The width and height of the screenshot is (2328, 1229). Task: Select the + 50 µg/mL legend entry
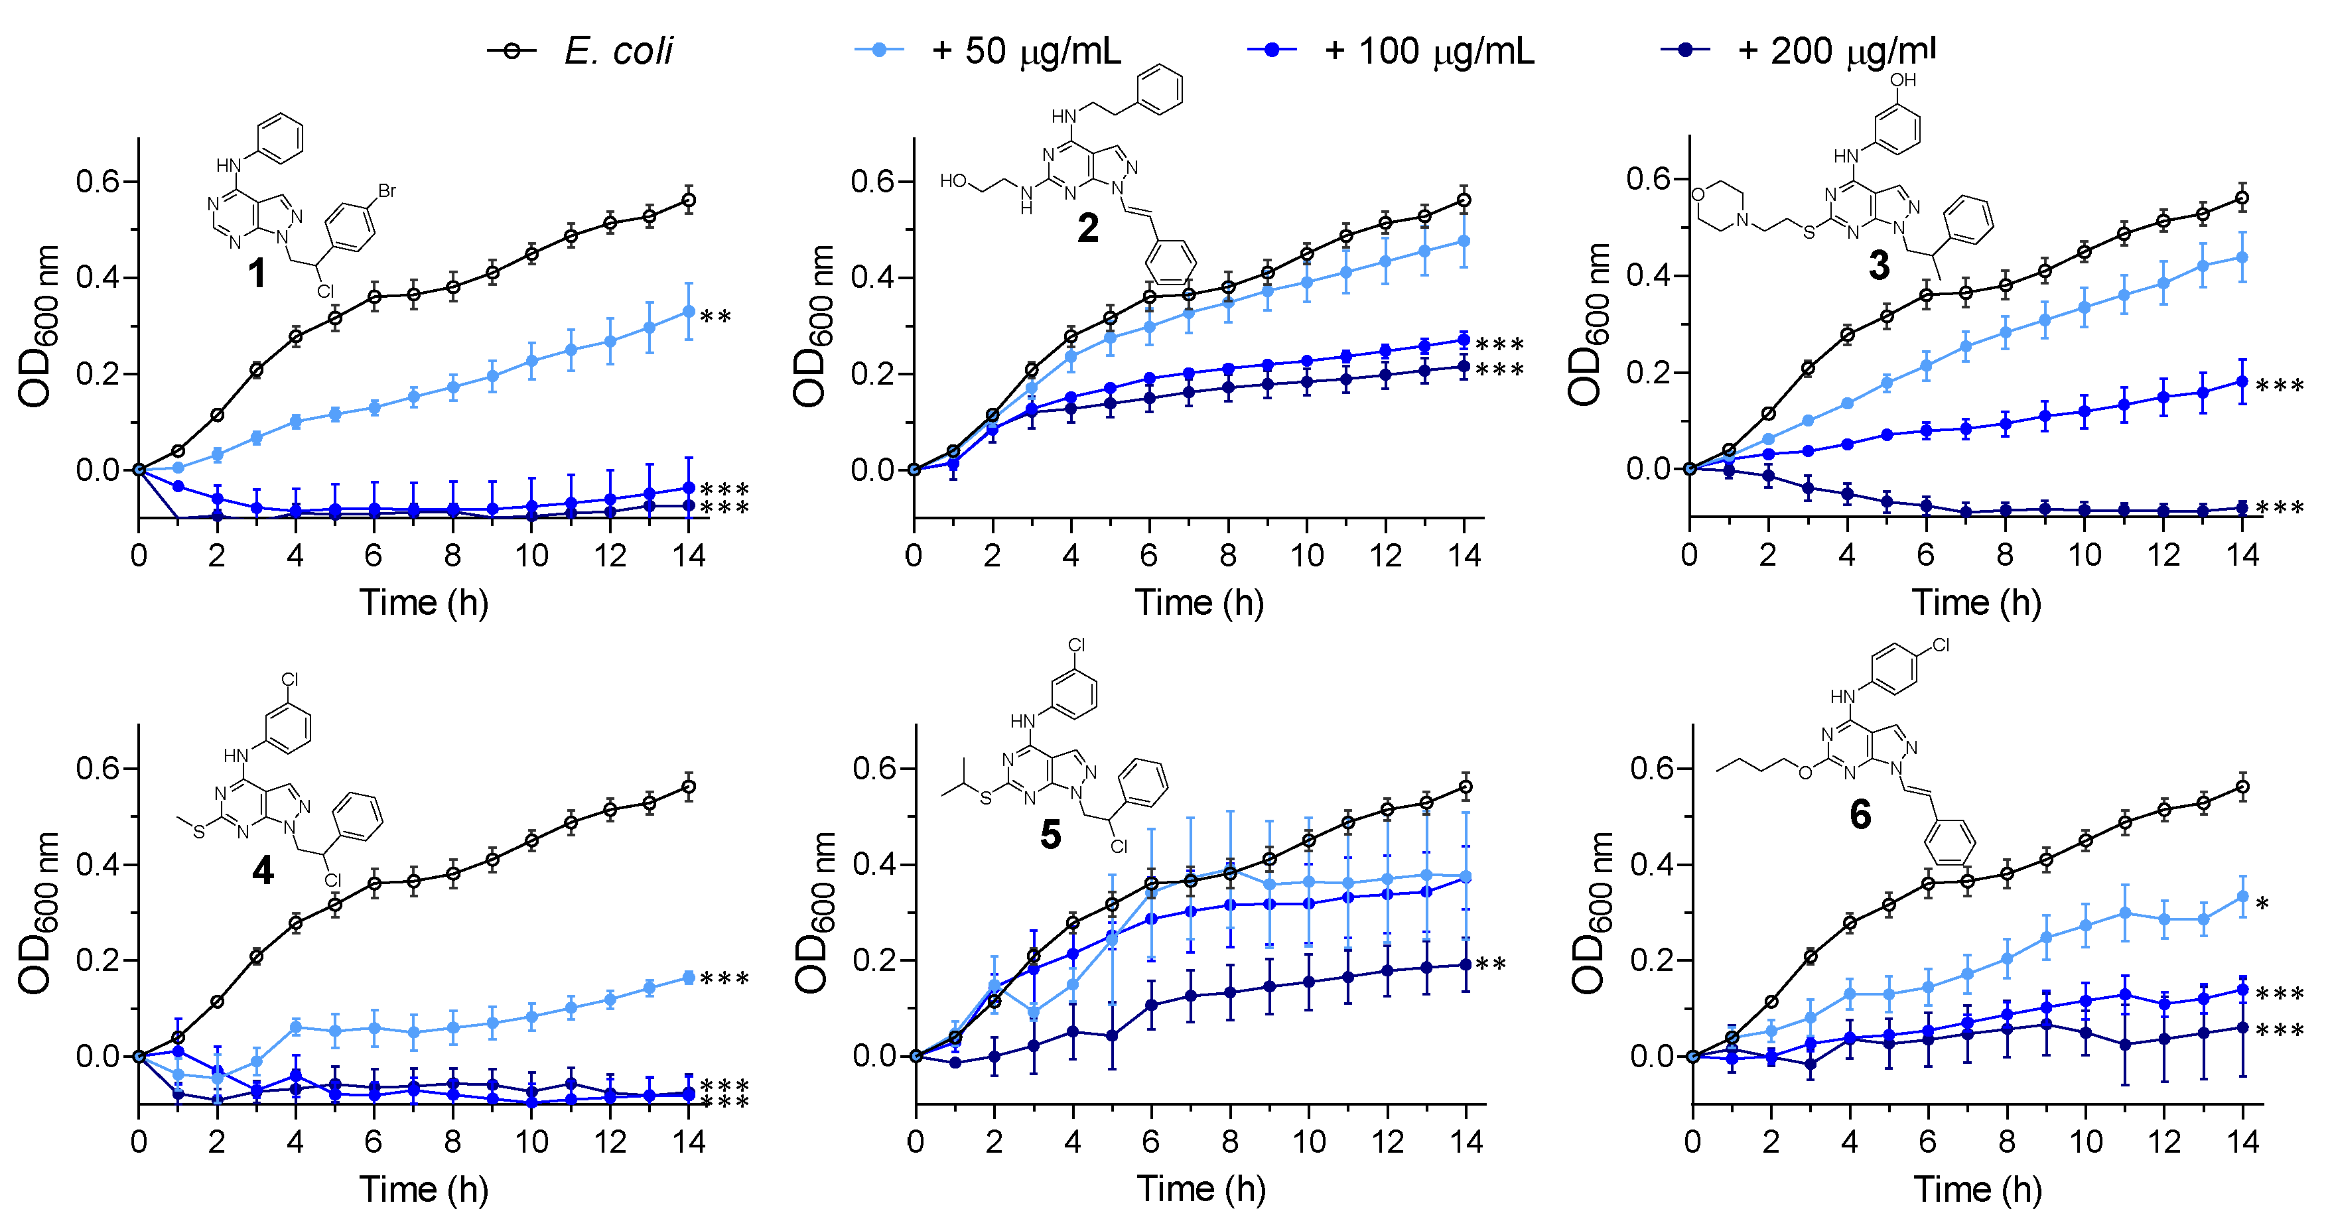pyautogui.click(x=1025, y=50)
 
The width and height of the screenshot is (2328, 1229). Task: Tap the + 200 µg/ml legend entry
pyautogui.click(x=1834, y=50)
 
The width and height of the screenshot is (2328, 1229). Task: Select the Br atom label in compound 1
pyautogui.click(x=387, y=190)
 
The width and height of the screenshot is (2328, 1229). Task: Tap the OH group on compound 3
pyautogui.click(x=1902, y=80)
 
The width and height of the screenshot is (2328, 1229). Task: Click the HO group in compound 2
pyautogui.click(x=953, y=180)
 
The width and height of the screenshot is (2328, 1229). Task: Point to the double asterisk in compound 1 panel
pyautogui.click(x=716, y=317)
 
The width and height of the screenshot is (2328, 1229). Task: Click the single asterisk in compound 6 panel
pyautogui.click(x=2263, y=903)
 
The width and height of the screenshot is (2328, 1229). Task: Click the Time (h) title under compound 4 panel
pyautogui.click(x=424, y=1189)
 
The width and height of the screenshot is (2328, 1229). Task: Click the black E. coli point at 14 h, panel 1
pyautogui.click(x=689, y=200)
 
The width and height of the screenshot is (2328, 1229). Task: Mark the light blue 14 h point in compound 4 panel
pyautogui.click(x=689, y=977)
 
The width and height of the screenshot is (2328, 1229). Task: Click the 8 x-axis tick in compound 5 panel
pyautogui.click(x=1230, y=1141)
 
